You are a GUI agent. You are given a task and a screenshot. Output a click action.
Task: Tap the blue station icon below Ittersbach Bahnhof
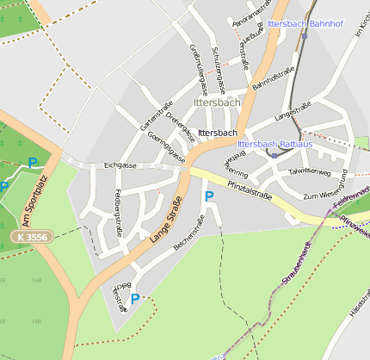304,36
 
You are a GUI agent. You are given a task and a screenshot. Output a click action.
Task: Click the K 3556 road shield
32,236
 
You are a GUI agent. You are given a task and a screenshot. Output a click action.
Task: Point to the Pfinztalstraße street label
250,189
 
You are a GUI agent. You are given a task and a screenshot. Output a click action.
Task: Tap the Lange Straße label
167,220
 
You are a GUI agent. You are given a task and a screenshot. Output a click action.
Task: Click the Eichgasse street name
120,164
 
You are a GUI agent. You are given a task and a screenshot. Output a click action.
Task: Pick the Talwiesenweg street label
310,171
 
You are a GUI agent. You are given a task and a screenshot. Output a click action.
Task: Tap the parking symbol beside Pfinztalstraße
208,197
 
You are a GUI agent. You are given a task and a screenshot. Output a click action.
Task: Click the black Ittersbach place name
217,133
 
